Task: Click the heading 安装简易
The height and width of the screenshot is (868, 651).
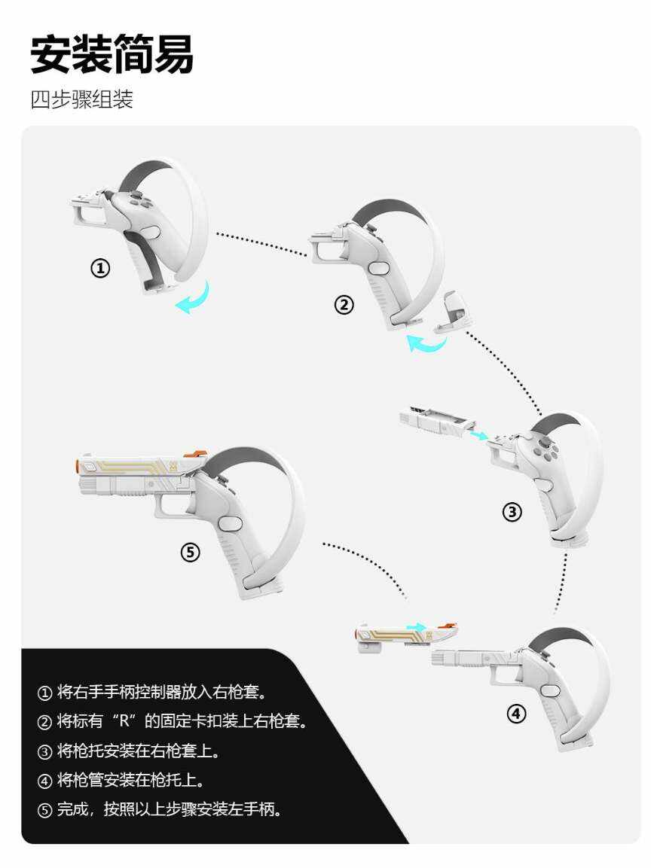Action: tap(112, 54)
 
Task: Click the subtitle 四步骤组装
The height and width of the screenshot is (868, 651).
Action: tap(82, 99)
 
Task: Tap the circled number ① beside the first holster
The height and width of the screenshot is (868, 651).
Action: tap(100, 269)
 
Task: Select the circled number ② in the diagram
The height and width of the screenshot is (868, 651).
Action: tap(344, 304)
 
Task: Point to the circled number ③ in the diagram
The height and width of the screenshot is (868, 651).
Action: tap(512, 512)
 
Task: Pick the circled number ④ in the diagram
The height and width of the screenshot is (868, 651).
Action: tap(516, 714)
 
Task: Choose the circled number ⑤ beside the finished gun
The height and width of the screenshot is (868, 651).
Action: tap(190, 552)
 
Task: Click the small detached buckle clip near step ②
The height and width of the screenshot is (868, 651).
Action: tap(453, 312)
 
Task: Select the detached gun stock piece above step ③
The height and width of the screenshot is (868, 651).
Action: tap(436, 424)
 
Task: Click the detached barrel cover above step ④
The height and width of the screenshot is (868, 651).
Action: tap(407, 637)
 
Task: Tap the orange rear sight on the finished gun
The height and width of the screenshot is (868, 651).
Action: tap(198, 455)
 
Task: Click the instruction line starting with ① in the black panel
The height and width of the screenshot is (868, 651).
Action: tap(153, 692)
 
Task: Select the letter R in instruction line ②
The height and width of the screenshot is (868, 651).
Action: tap(124, 721)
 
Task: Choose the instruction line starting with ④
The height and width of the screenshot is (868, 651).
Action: tap(121, 781)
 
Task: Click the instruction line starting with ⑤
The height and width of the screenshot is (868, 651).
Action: tap(160, 810)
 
